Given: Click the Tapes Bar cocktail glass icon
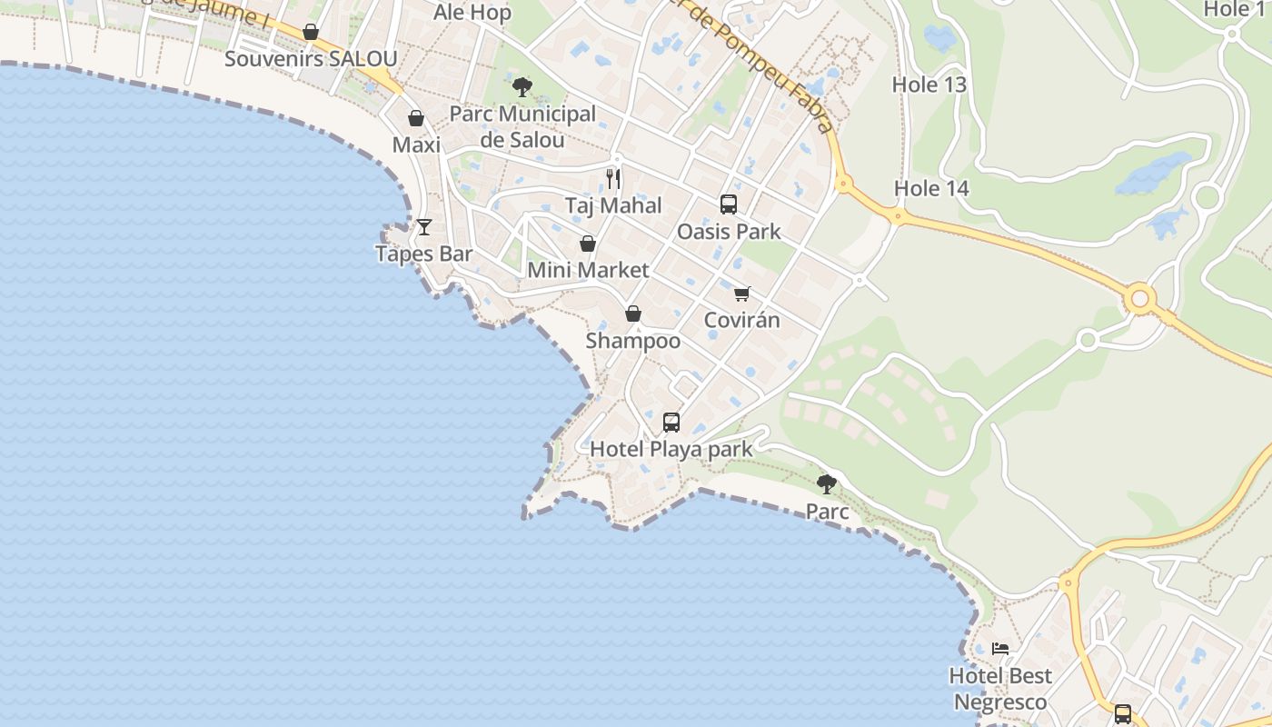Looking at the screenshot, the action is [x=424, y=227].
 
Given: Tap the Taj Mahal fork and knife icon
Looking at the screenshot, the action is [x=613, y=178].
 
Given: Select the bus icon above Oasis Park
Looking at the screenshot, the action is [x=729, y=204].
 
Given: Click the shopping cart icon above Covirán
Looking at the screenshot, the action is [x=742, y=294].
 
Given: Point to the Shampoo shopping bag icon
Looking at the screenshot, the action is [x=633, y=314].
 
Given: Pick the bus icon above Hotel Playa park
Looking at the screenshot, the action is [x=671, y=423].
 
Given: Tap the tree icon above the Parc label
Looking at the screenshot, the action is [x=827, y=483].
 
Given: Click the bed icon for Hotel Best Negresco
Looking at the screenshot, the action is [x=1000, y=649].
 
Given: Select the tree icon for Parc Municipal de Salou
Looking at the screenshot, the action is [x=522, y=87].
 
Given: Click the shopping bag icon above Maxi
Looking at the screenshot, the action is [x=416, y=118].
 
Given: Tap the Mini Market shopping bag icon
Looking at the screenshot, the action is [x=588, y=244].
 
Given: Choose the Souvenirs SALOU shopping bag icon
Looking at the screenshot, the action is [x=311, y=33].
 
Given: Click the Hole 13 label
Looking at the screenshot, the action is [x=929, y=85].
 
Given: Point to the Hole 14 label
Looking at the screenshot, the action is [x=931, y=188].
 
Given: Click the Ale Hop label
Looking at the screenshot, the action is [x=472, y=13].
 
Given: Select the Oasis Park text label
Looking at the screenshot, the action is [x=729, y=231].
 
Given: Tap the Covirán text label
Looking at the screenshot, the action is [x=742, y=320].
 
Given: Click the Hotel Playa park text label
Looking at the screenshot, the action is [x=671, y=449].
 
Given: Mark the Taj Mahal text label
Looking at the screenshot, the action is [x=613, y=205].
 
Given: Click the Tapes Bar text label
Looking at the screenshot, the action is [x=424, y=254].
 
